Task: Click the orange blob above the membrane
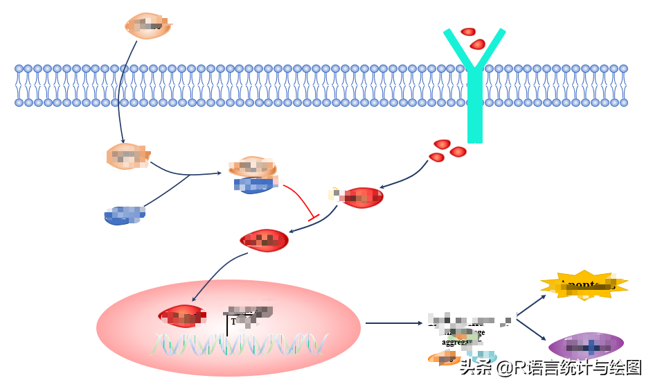(x=147, y=26)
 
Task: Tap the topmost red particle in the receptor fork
(x=468, y=31)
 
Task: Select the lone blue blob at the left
(x=125, y=216)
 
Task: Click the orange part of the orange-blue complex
(x=253, y=166)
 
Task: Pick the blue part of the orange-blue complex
(x=255, y=184)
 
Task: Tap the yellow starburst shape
(x=584, y=285)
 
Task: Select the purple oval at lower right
(x=586, y=345)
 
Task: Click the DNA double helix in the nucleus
(x=239, y=343)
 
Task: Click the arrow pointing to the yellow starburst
(x=531, y=305)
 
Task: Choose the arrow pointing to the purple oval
(x=532, y=329)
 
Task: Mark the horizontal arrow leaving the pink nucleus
(x=393, y=322)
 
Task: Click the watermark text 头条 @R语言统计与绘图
(x=551, y=368)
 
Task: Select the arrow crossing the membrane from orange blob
(x=120, y=90)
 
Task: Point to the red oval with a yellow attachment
(x=361, y=198)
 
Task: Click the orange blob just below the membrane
(x=127, y=156)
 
